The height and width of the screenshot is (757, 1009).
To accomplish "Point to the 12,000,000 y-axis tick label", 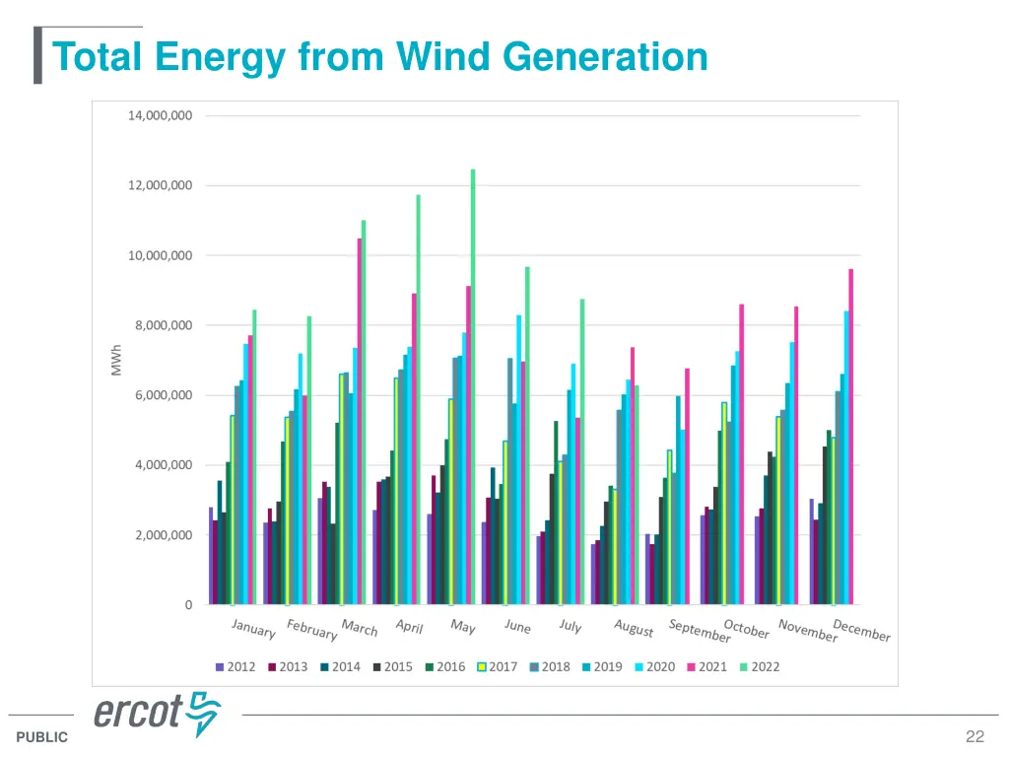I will point(160,185).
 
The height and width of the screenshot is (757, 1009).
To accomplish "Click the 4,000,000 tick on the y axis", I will point(160,465).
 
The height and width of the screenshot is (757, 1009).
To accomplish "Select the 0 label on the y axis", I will point(188,605).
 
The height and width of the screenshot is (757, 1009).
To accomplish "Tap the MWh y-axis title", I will point(116,360).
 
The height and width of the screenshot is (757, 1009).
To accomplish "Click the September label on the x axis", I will point(699,630).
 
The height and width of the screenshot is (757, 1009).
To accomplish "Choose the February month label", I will point(311,630).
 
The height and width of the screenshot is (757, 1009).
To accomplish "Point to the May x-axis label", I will point(462,626).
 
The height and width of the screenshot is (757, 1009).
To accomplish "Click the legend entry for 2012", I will point(235,667).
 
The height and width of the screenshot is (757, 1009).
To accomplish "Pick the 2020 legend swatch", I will point(639,667).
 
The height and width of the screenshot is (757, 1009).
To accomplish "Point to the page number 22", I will point(975,736).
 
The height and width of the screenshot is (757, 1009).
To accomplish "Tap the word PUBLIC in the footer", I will point(42,737).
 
